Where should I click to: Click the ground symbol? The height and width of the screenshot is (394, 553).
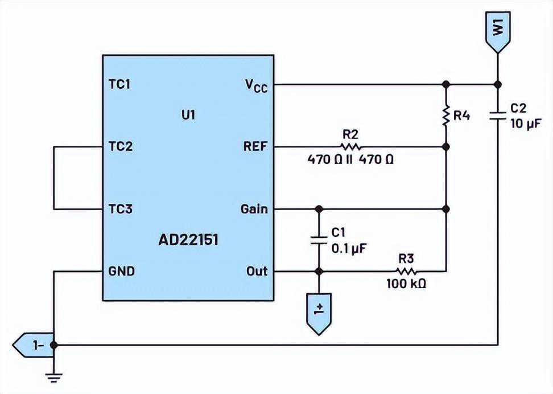point(54,377)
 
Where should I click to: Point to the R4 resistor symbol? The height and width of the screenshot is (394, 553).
point(446,115)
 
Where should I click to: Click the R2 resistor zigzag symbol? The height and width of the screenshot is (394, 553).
point(350,146)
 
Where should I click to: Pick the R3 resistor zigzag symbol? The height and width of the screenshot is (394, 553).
point(406,271)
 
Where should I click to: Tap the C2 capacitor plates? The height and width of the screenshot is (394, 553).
point(498,116)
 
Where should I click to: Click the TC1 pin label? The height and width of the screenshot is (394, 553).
point(119,84)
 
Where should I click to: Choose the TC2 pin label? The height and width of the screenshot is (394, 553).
point(120,146)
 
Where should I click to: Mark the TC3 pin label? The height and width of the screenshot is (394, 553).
point(120,209)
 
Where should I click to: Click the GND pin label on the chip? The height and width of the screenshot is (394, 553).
point(121,271)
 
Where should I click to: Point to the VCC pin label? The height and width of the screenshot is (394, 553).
point(257,85)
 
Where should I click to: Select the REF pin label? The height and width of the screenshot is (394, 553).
point(255,146)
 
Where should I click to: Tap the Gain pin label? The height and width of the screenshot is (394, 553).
point(254,209)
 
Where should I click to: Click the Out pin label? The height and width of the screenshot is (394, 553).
point(257,271)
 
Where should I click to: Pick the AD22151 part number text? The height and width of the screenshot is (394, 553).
point(188,240)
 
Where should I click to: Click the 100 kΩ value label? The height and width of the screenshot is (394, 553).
point(406,284)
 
